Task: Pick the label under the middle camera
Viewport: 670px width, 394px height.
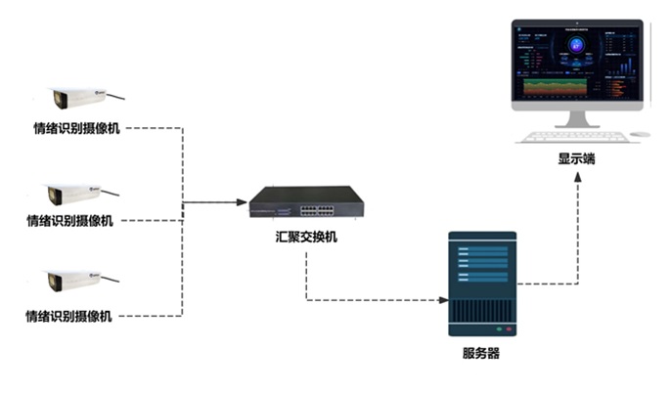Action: click(69, 221)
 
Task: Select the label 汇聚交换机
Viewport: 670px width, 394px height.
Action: click(306, 238)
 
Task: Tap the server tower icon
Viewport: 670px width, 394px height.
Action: click(480, 284)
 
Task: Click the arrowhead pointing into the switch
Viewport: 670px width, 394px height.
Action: click(242, 202)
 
